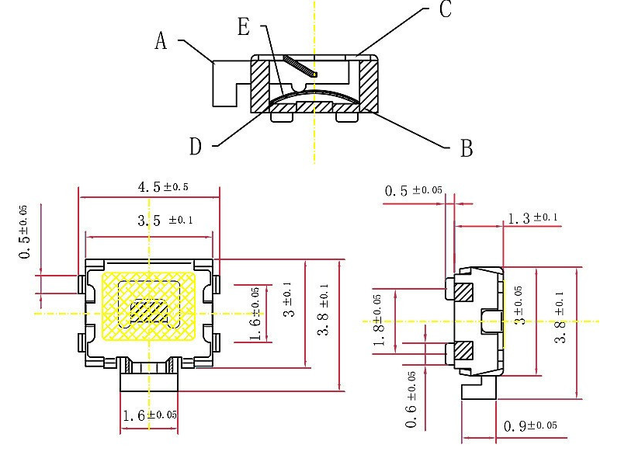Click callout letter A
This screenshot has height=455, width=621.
click(161, 41)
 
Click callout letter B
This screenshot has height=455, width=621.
click(467, 148)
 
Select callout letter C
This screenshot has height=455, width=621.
click(446, 10)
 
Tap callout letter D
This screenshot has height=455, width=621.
click(196, 145)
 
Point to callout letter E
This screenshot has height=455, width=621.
click(243, 28)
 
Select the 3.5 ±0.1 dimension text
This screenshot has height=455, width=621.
click(165, 221)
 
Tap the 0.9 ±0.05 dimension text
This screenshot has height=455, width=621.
click(530, 426)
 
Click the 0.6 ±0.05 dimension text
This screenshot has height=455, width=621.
click(411, 399)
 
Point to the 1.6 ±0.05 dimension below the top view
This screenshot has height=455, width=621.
click(149, 415)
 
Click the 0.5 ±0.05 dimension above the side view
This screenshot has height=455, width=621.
click(415, 190)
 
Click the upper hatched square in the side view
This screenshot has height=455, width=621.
click(463, 293)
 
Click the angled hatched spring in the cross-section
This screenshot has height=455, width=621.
click(300, 66)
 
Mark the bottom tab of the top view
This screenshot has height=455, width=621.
click(148, 380)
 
